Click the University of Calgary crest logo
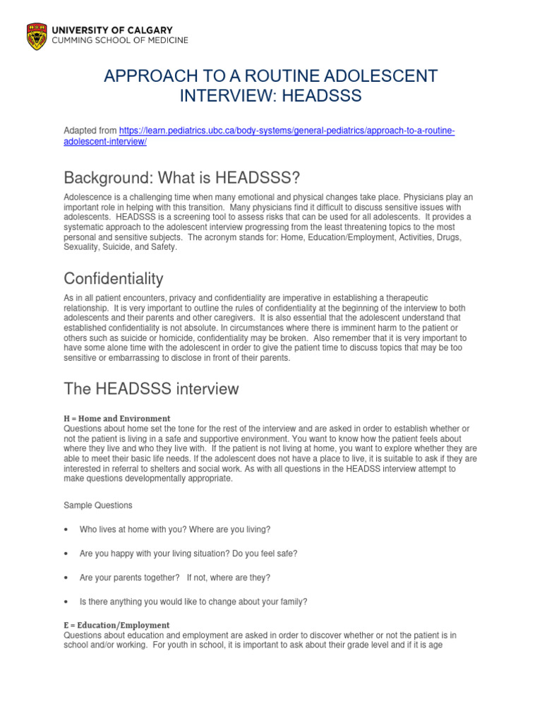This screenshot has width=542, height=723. tap(37, 35)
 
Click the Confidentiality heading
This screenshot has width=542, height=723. tap(114, 278)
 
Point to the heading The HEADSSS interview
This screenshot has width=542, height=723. tap(151, 389)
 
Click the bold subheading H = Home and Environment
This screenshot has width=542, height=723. tap(116, 419)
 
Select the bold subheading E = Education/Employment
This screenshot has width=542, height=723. tap(116, 625)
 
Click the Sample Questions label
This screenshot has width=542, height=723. tap(97, 506)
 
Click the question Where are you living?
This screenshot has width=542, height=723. tap(229, 530)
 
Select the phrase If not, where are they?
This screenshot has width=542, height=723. tap(229, 578)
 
